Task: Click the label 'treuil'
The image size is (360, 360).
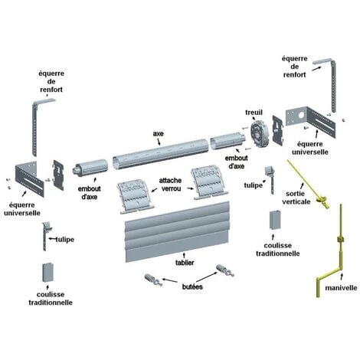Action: [x=254, y=113]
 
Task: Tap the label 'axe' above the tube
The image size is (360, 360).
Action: [x=158, y=133]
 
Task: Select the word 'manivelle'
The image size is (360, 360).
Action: [x=341, y=288]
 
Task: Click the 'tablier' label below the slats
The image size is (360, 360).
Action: [x=185, y=262]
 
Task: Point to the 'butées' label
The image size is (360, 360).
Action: [x=192, y=286]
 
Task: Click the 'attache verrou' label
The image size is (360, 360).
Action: [x=170, y=185]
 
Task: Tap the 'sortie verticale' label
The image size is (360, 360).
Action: [x=296, y=198]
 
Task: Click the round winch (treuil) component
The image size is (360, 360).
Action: [x=258, y=134]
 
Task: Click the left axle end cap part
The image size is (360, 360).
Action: [x=90, y=169]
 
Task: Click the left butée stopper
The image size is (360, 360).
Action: [x=153, y=280]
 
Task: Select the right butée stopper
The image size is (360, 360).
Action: [x=225, y=270]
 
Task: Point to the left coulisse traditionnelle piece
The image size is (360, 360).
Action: [x=48, y=272]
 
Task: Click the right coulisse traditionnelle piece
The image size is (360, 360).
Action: [x=275, y=220]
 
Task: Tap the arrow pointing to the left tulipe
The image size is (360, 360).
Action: [x=53, y=239]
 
